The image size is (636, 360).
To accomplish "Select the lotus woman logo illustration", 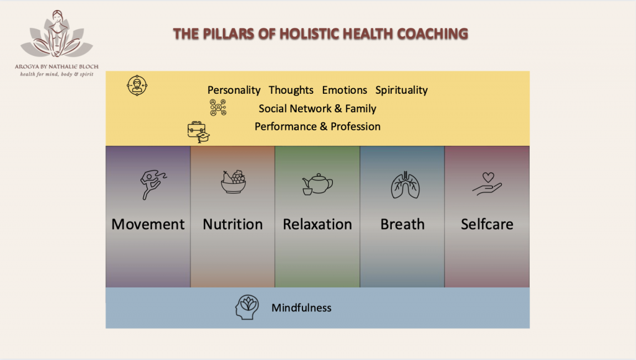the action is point(57,34).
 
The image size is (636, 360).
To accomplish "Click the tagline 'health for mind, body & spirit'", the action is point(57,74).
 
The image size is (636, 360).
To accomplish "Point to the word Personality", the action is point(234,90).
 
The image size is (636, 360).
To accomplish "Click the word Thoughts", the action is point(291,90).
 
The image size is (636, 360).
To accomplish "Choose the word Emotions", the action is point(344,90).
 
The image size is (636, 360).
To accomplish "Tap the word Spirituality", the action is point(402,90).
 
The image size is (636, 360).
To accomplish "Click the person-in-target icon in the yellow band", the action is point(137,86).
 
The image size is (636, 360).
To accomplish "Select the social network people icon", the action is point(218,107).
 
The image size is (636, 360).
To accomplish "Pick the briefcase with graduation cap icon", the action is point(198,132).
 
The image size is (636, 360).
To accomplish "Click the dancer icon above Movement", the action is point(153,184).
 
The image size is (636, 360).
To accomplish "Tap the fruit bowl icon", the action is point(234,182).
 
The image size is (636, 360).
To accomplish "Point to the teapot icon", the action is point(317,184).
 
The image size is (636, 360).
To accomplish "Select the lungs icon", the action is point(405,185).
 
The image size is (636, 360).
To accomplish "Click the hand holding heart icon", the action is point(487,184).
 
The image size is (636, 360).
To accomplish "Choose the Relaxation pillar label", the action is point(317,224).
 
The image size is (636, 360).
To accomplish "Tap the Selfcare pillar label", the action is point(487,224).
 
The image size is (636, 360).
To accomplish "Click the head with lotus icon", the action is point(247,307).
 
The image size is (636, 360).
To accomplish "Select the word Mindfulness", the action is point(301,308).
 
